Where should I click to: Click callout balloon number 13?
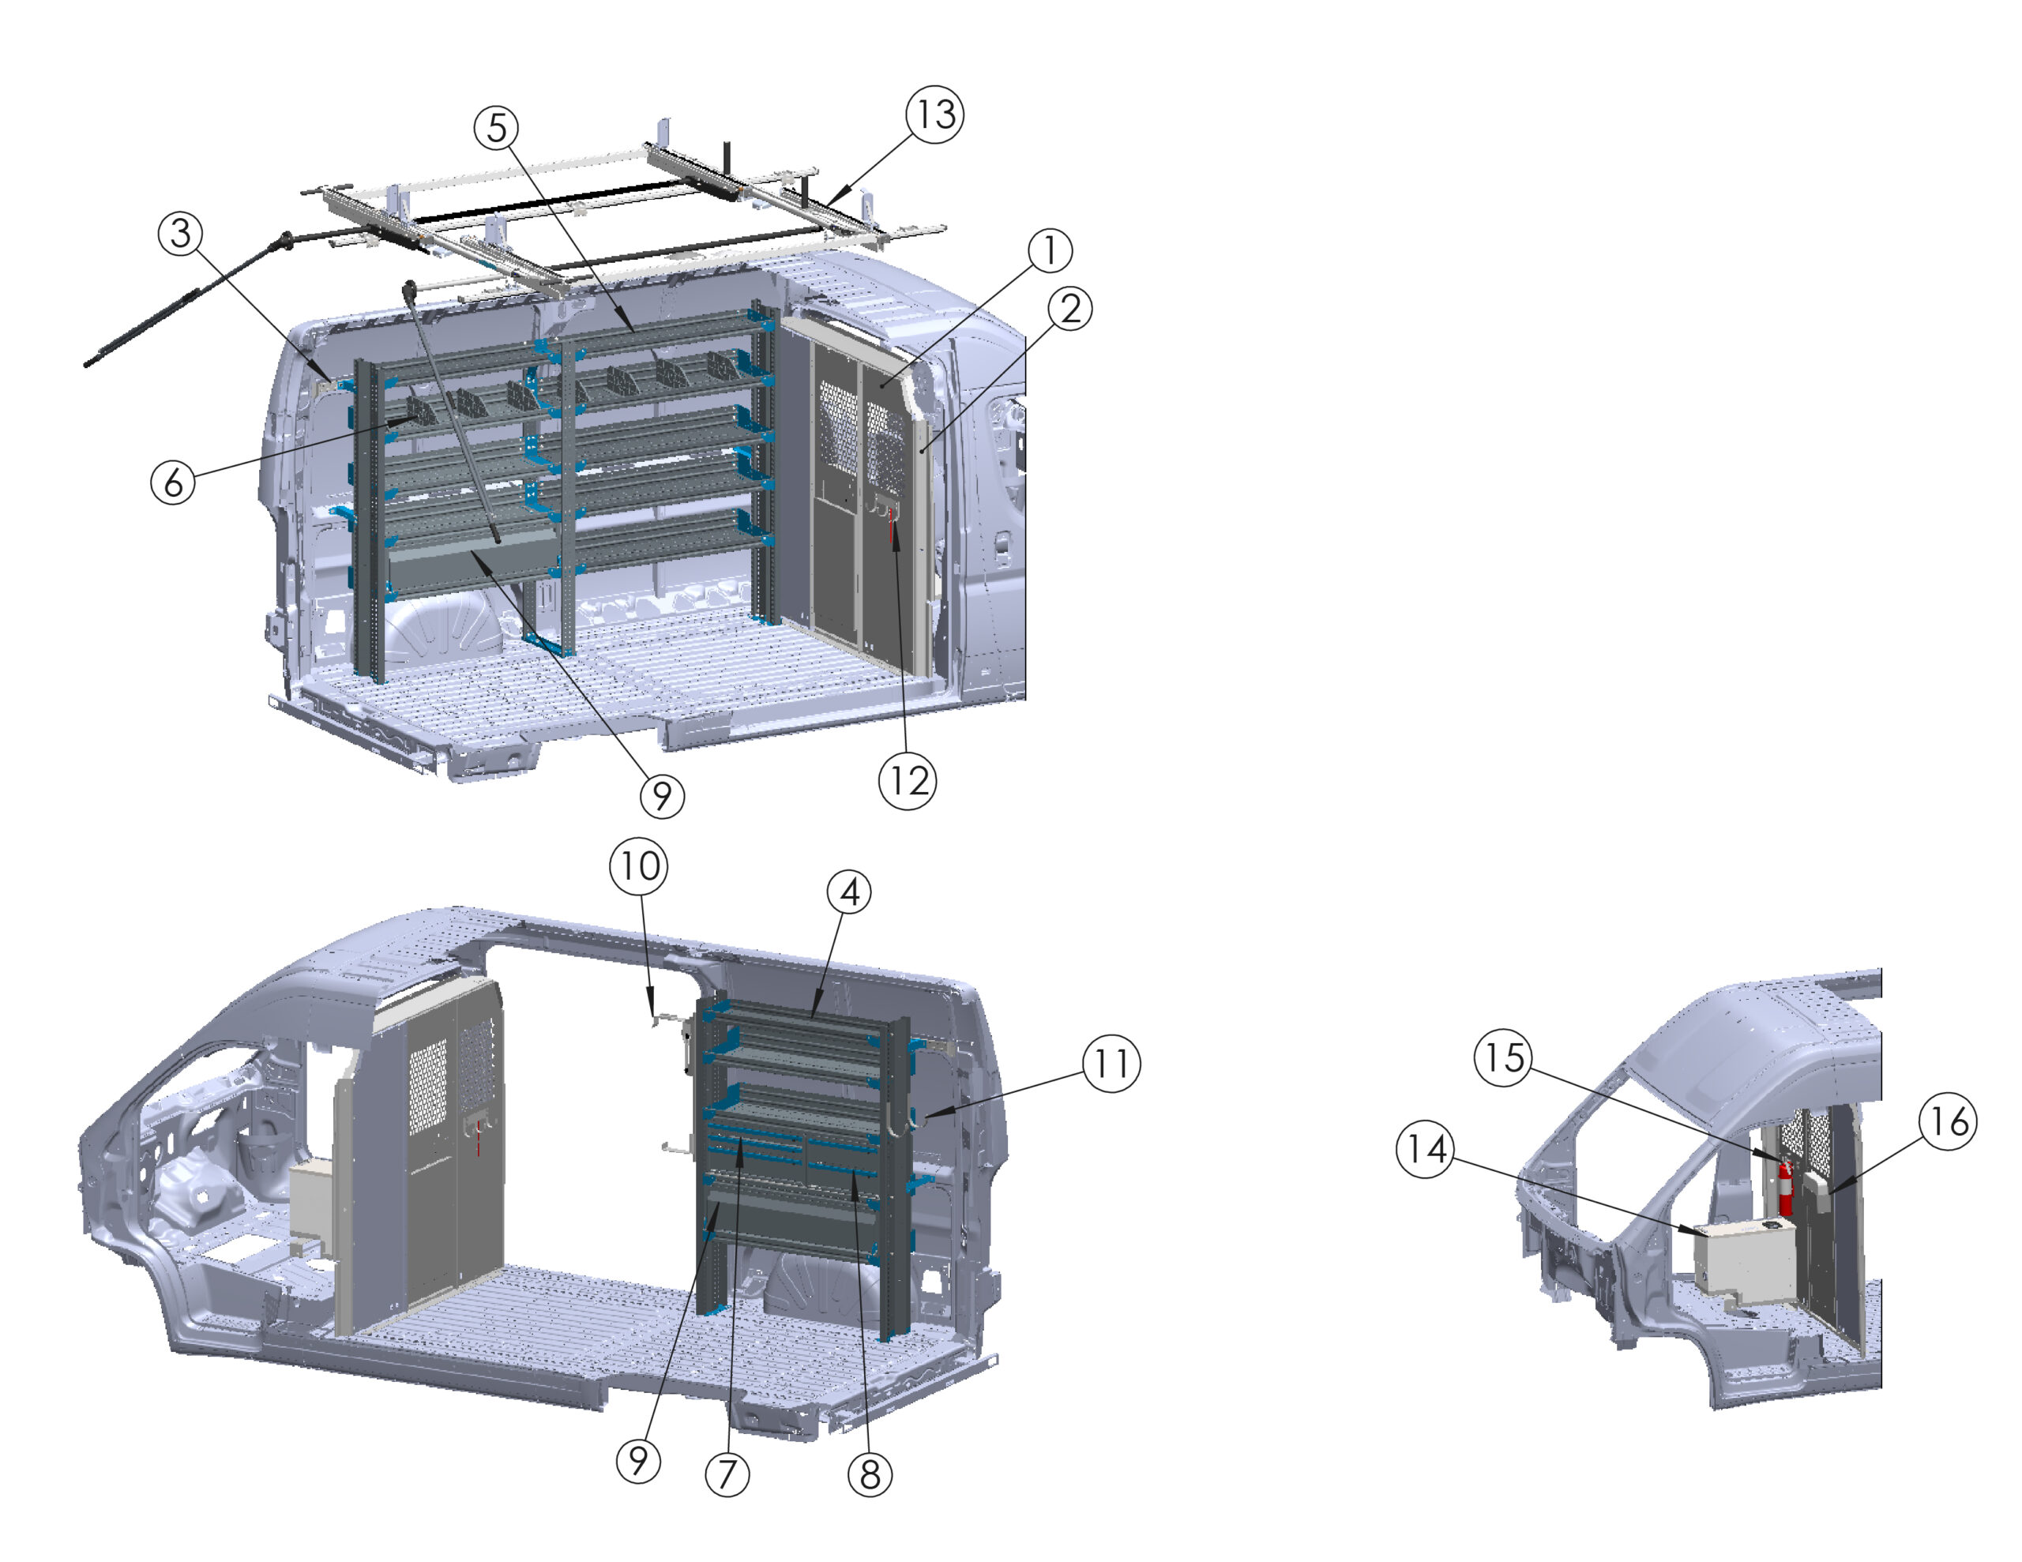[934, 114]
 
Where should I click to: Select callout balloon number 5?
[496, 128]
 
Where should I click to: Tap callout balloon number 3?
[181, 232]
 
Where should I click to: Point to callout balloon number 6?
[173, 482]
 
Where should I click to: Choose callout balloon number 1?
[1050, 250]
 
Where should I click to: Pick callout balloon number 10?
[639, 865]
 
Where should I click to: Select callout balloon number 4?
[849, 892]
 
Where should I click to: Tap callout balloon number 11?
[1111, 1064]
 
